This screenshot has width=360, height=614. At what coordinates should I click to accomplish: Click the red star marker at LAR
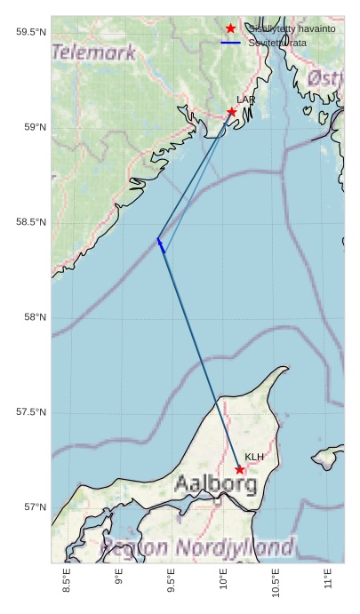click(x=231, y=112)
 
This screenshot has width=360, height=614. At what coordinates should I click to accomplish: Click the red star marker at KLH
click(x=240, y=469)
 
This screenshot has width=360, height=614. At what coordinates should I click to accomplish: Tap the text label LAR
click(x=245, y=100)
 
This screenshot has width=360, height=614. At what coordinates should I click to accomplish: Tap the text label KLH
click(x=254, y=457)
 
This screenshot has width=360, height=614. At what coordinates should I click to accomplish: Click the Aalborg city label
click(x=216, y=484)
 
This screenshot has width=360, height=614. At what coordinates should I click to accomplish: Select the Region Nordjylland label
click(x=197, y=546)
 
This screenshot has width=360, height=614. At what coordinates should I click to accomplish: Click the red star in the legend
click(x=231, y=28)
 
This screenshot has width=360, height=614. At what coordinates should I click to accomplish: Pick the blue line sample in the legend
click(x=231, y=43)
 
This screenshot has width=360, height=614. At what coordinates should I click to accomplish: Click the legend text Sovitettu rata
click(x=277, y=43)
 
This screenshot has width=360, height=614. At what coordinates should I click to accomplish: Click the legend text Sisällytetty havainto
click(x=292, y=28)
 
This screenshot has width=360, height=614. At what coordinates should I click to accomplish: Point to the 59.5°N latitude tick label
click(x=30, y=32)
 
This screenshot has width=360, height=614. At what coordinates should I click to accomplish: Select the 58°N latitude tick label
click(x=34, y=317)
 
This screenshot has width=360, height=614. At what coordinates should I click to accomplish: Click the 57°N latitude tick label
click(x=34, y=507)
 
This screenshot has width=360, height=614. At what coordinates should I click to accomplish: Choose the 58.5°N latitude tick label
click(x=30, y=222)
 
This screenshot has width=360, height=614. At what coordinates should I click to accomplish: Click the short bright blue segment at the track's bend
click(x=162, y=246)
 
